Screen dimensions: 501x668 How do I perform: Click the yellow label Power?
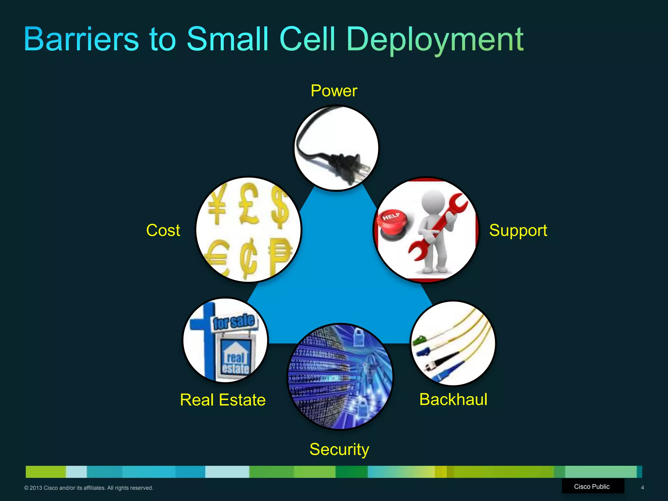coord(334,91)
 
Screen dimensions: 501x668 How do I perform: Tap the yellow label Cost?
coord(163,230)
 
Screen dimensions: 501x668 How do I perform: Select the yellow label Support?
coord(518,231)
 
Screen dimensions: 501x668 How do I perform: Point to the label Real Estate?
coord(223,400)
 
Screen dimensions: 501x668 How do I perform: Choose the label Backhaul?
coord(453,400)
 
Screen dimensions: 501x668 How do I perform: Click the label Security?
coord(339,449)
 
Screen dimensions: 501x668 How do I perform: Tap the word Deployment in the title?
coord(434,40)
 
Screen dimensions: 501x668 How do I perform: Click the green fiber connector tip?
coord(418,341)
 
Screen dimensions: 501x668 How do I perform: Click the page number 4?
coord(642,488)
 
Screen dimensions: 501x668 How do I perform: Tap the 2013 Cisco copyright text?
coord(88,488)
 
